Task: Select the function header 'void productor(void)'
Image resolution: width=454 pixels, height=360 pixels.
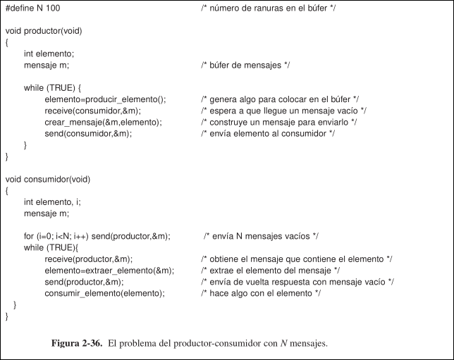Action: pos(41,32)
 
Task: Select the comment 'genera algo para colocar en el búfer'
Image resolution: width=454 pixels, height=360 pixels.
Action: pos(280,99)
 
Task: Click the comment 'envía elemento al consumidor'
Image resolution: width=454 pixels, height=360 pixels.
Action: pos(267,133)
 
